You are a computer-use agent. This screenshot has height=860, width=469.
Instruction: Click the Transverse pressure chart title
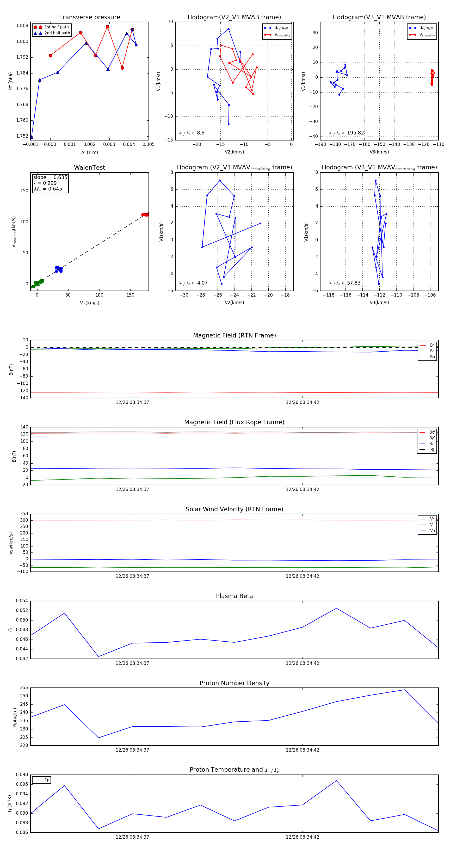click(89, 17)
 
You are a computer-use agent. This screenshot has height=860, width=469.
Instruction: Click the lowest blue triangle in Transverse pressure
click(32, 138)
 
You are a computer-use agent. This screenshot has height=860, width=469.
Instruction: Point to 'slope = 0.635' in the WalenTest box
click(50, 177)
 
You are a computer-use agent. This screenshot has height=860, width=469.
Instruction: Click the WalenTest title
click(89, 168)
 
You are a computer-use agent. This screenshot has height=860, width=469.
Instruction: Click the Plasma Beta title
click(234, 596)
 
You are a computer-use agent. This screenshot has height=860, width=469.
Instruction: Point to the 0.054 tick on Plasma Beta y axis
click(22, 601)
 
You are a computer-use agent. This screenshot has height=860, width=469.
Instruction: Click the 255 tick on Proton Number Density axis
click(24, 688)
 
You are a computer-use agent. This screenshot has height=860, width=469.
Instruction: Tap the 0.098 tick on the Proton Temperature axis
click(22, 775)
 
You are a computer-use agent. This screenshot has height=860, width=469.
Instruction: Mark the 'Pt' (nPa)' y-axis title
click(11, 81)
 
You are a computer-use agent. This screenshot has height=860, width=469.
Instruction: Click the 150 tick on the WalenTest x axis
click(130, 295)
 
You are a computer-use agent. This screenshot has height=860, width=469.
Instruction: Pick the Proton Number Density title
click(234, 683)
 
